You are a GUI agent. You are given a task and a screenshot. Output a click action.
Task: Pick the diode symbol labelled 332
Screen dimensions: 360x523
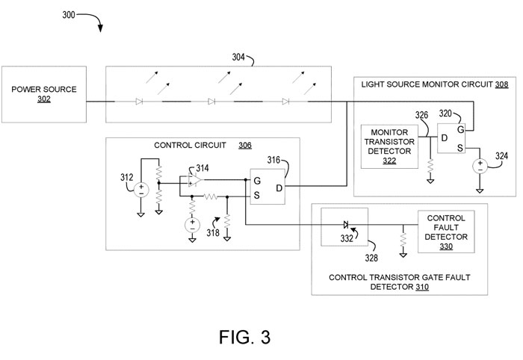pos(345,223)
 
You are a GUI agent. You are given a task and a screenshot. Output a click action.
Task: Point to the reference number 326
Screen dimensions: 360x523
pos(421,116)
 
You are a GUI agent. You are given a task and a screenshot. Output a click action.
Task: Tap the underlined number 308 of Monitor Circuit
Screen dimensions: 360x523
pos(502,85)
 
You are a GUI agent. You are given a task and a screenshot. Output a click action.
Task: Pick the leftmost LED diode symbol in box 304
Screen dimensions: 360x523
pos(139,101)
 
